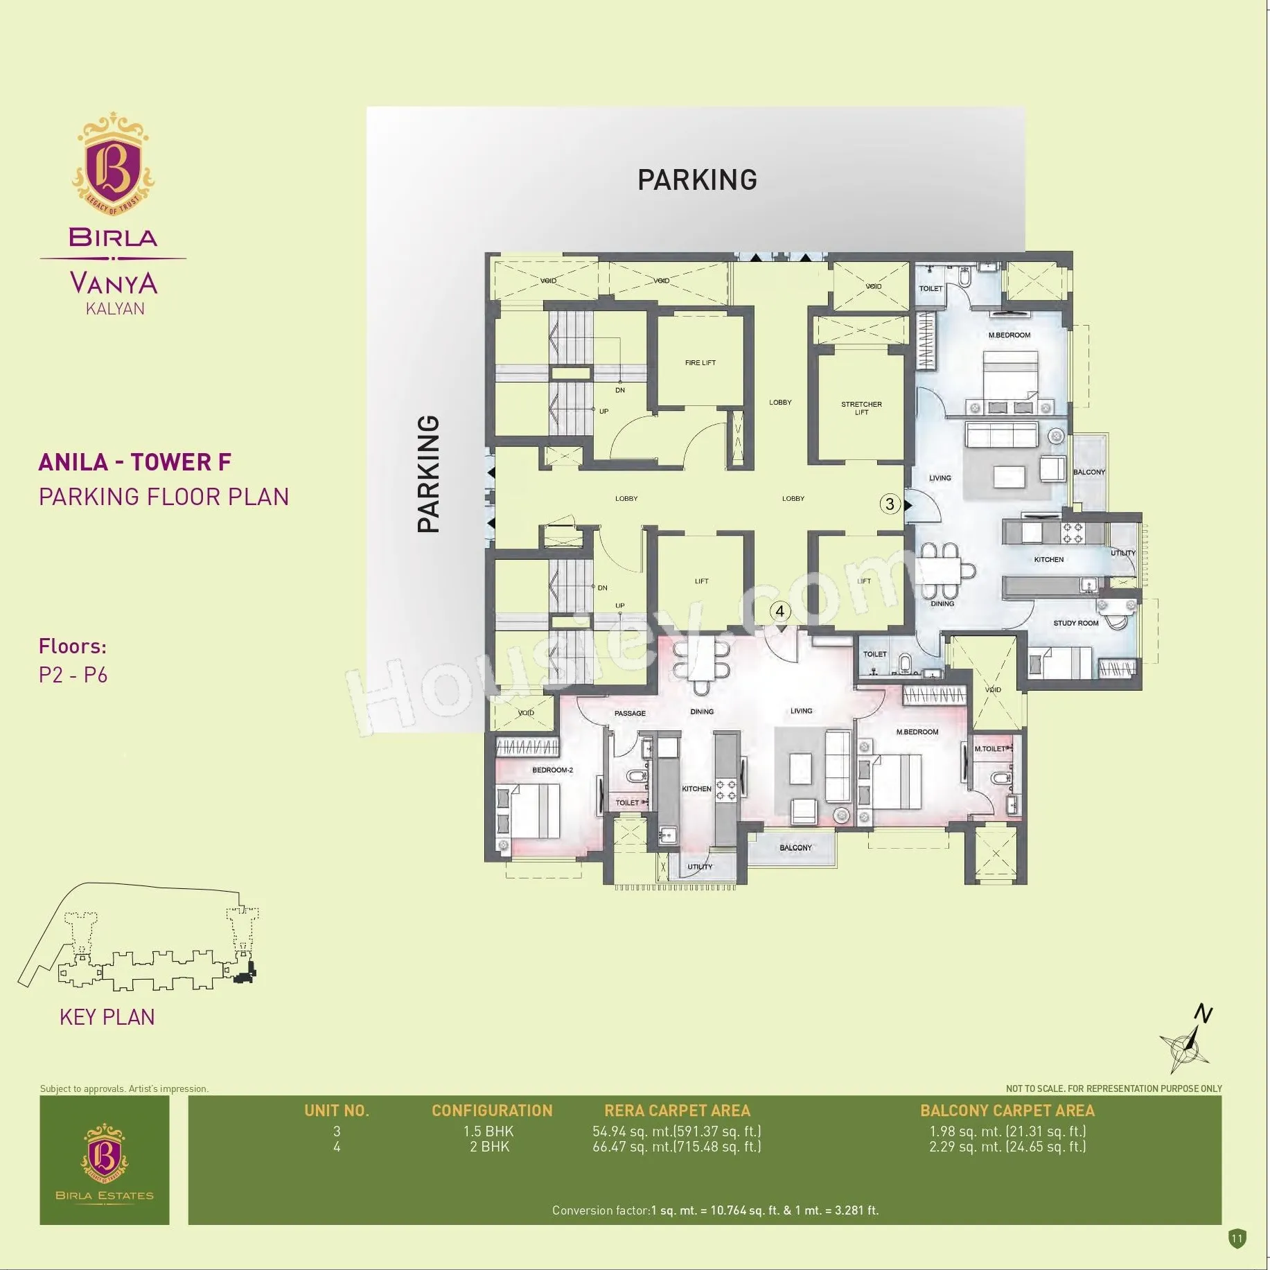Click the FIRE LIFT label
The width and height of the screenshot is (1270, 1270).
(x=700, y=362)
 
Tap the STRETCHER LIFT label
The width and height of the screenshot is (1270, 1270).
(x=861, y=408)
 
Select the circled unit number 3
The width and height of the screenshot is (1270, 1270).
(x=890, y=504)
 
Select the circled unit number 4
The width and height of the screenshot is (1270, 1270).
(x=780, y=611)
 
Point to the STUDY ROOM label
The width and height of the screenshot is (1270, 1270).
(x=1076, y=623)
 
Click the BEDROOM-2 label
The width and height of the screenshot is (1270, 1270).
(x=552, y=770)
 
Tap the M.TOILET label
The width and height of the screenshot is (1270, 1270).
(x=989, y=749)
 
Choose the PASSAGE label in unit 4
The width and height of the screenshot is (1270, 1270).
(x=630, y=713)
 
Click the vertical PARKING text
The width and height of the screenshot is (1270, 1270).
(x=429, y=474)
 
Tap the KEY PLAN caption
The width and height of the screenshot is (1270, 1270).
(x=107, y=1017)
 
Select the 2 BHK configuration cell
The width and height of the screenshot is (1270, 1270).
(x=489, y=1147)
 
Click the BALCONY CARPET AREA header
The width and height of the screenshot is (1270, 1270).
(x=1007, y=1111)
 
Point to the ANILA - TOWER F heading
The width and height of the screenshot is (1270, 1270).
(x=135, y=462)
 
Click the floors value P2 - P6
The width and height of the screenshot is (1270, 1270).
(x=73, y=675)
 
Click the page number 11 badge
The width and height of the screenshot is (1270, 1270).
(x=1237, y=1238)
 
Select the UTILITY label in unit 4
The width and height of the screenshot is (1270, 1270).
(x=700, y=867)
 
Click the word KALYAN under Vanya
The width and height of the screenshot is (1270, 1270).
(x=115, y=309)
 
